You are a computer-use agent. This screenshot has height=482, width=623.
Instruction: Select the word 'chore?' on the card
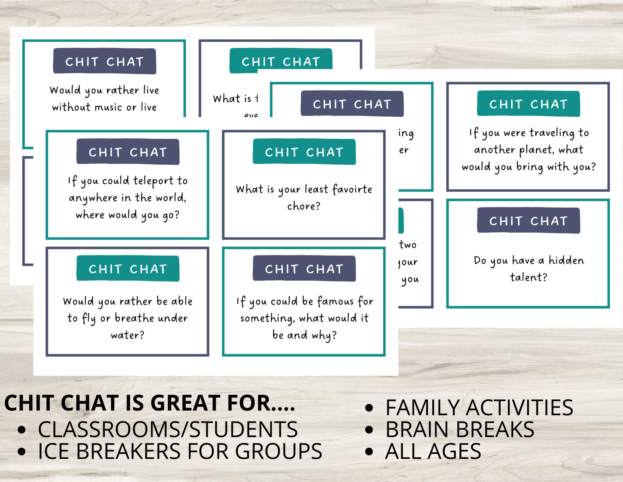coord(304,206)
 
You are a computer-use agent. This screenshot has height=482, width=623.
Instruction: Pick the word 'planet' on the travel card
coord(536,150)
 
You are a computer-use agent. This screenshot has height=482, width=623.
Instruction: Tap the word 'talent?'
coord(528,277)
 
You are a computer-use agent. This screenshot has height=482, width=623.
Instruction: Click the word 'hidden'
coord(566,260)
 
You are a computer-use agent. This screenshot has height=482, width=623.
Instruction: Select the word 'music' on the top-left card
coord(108,107)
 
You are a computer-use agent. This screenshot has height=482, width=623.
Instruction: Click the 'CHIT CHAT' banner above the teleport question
coord(128,152)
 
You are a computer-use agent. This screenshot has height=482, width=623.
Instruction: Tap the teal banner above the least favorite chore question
coord(304,152)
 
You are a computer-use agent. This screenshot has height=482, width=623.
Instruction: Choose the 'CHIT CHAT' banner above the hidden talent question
coord(528,221)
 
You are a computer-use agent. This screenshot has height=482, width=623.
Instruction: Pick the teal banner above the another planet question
coord(528,104)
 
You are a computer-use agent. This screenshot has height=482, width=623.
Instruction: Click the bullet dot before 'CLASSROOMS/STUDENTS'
coord(21,430)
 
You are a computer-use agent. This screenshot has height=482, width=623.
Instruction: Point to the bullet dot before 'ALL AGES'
coord(369,451)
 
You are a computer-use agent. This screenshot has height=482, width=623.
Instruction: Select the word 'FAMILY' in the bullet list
coord(422,408)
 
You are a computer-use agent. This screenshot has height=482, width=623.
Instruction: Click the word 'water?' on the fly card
coord(128,335)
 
